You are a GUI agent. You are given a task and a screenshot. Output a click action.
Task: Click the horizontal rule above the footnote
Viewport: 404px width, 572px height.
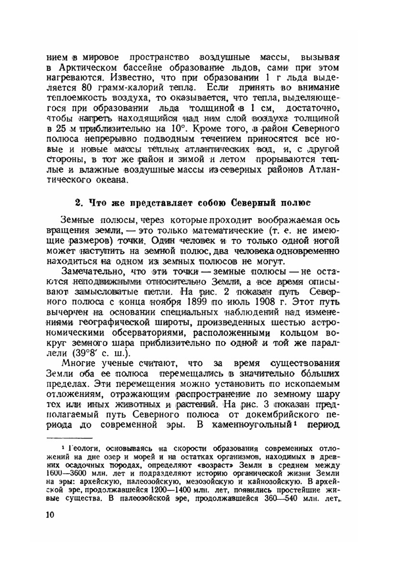coord(69,437)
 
